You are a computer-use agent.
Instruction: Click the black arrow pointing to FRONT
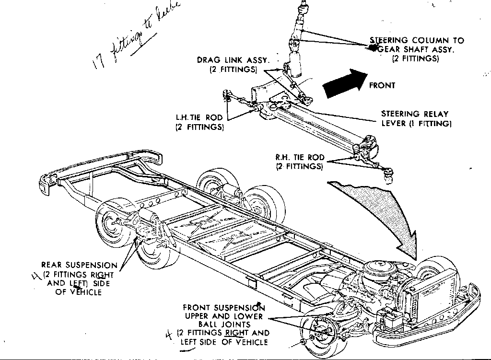click(344, 82)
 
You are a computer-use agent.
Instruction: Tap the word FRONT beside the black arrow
click(382, 85)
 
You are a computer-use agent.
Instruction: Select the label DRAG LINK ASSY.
click(234, 60)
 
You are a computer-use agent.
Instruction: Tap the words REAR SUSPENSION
click(79, 265)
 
